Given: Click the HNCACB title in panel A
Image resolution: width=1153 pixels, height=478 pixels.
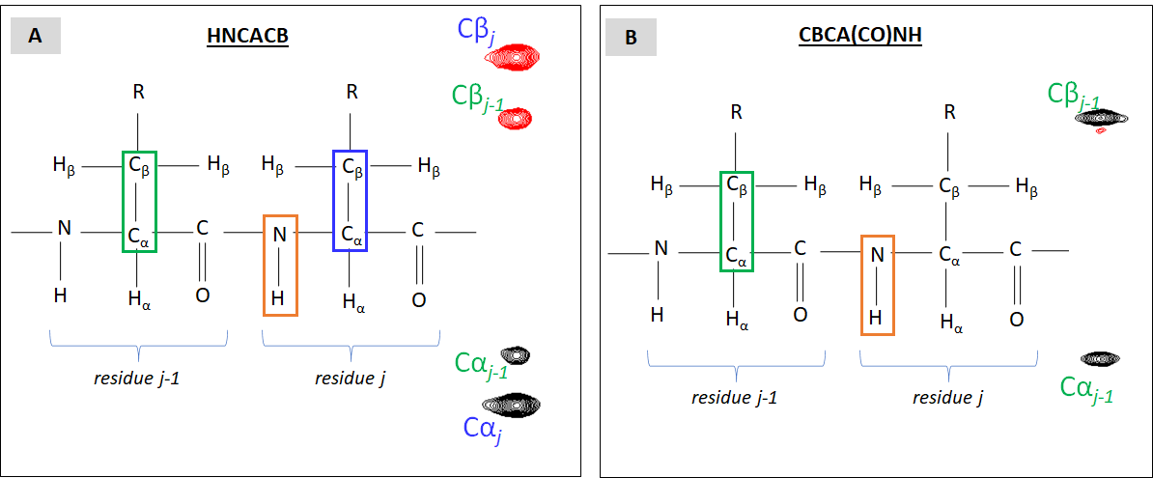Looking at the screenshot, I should tap(247, 38).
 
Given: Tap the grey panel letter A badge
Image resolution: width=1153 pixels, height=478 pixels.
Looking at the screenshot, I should tap(36, 36).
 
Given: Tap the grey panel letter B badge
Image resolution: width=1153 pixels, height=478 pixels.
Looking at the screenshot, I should tap(631, 38).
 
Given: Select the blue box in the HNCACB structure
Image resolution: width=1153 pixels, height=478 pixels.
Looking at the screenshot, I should tap(350, 201).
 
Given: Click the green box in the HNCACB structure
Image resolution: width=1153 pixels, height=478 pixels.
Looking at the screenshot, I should tap(139, 202).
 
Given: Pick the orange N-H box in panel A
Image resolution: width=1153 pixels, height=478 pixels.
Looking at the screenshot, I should tap(280, 265).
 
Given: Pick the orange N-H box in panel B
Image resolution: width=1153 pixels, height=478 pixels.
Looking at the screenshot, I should tap(877, 285).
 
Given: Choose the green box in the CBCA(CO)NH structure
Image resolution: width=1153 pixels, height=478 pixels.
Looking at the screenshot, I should tap(737, 221).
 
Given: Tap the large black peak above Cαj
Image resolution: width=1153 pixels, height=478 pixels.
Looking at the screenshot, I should tap(512, 403).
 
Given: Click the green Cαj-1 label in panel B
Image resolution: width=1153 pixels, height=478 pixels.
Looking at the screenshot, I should tap(1085, 389).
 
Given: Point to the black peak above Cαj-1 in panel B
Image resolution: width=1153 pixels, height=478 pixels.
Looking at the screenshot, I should tap(1100, 358).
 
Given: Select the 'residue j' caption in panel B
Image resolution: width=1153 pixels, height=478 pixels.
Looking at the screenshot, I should tap(947, 397).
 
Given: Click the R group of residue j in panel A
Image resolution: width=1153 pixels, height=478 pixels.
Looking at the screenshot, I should tap(352, 93).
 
